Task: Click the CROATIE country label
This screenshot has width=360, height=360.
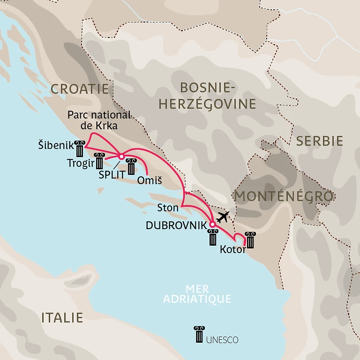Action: click(x=79, y=89)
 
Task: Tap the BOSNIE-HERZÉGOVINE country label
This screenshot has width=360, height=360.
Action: click(x=207, y=95)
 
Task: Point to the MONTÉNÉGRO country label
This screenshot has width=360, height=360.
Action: click(x=284, y=196)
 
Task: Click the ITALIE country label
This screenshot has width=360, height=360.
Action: click(x=62, y=317)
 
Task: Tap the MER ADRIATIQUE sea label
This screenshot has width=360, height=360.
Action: click(x=197, y=293)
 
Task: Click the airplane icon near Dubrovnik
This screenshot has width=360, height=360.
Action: click(x=224, y=217)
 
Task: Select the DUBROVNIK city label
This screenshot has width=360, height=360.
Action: click(x=176, y=225)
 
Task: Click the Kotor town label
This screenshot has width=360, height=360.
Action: click(x=232, y=250)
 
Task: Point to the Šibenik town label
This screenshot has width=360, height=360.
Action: click(x=55, y=146)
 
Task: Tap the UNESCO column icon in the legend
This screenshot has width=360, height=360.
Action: click(x=199, y=335)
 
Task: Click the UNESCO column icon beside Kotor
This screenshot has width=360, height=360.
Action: click(x=251, y=240)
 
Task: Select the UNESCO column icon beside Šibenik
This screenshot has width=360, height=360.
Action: click(x=79, y=149)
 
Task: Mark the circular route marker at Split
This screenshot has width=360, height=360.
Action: click(x=121, y=157)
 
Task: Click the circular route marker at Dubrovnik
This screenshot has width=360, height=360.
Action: click(x=212, y=225)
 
